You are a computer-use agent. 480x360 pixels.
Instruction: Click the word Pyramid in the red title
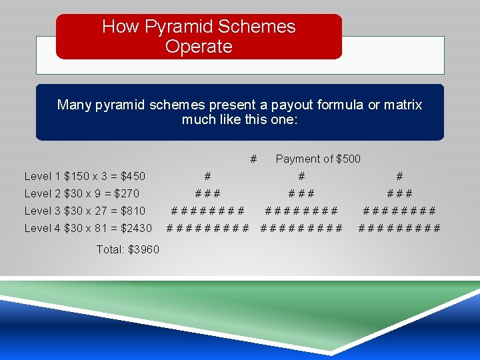coord(174,27)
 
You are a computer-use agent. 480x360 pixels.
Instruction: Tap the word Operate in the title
coord(199,47)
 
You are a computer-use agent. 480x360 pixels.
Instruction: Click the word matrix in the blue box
coord(403,105)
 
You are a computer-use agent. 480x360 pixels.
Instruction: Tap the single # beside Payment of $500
coord(253,159)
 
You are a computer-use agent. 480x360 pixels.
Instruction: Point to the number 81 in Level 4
coord(102,228)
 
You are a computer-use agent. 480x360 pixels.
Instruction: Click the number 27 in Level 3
coord(102,211)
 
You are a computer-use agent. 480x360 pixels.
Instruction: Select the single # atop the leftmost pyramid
coord(208,176)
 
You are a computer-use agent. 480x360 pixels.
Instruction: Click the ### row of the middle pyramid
coord(301,193)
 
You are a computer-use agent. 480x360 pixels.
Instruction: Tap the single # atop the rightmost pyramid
coord(399,176)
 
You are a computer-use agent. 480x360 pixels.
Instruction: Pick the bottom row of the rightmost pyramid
coord(399,228)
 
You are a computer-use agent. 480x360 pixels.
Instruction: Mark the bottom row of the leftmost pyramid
coord(207,228)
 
